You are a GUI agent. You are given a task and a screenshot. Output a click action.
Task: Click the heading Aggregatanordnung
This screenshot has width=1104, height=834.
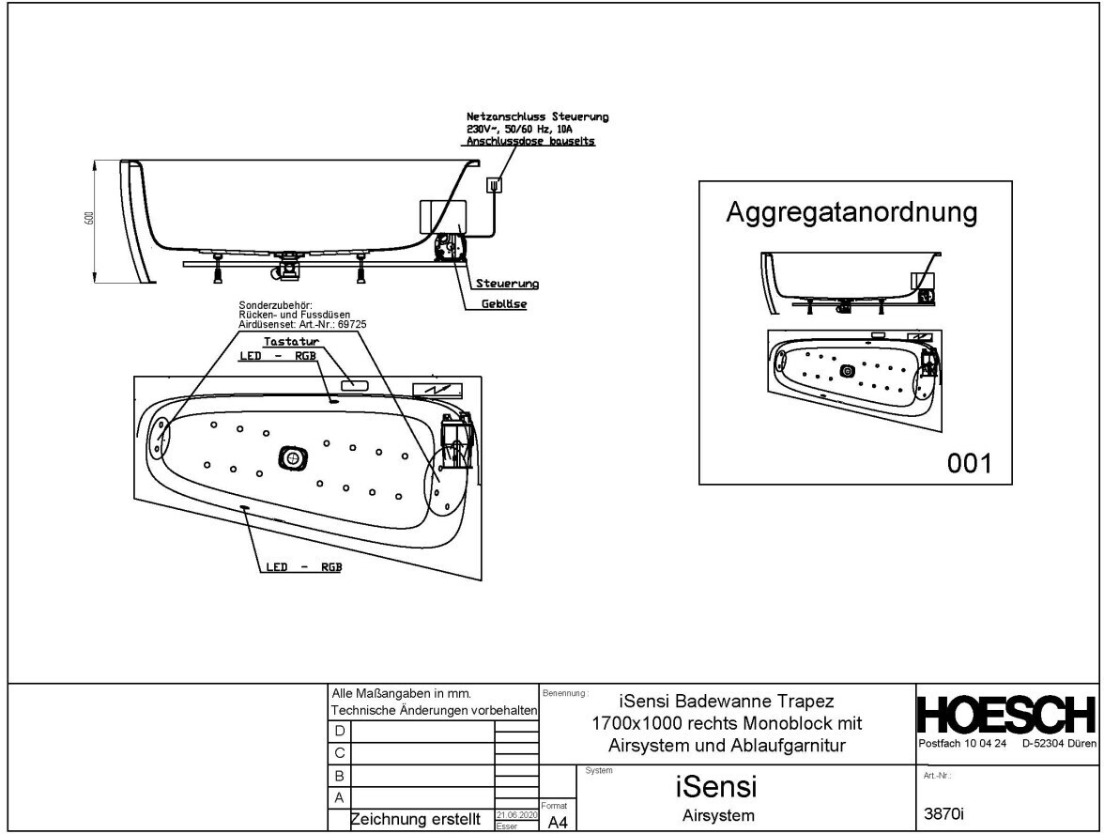(851, 212)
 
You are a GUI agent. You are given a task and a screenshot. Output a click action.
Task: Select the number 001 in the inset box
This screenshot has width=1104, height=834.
(969, 462)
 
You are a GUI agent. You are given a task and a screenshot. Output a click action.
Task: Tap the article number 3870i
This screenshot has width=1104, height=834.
(946, 815)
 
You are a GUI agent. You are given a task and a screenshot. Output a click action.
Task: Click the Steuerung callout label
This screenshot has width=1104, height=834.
(499, 283)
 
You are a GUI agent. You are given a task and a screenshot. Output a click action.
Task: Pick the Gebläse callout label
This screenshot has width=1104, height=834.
(503, 305)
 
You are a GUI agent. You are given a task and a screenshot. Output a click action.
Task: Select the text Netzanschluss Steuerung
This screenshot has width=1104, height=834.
(537, 116)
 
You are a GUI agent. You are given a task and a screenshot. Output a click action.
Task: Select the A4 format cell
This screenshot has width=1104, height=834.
(558, 822)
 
